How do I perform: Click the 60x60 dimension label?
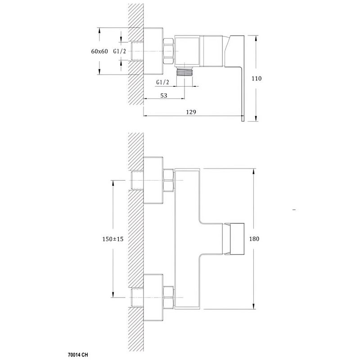pyautogui.click(x=99, y=51)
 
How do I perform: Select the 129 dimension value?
pyautogui.click(x=191, y=112)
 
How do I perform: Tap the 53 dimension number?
pyautogui.click(x=164, y=96)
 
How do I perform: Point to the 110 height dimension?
pyautogui.click(x=256, y=79)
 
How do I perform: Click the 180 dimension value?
pyautogui.click(x=254, y=239)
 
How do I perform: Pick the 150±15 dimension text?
pyautogui.click(x=113, y=239)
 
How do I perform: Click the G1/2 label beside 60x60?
pyautogui.click(x=120, y=51)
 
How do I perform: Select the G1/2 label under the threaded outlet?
pyautogui.click(x=162, y=82)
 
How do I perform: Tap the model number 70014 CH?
pyautogui.click(x=78, y=355)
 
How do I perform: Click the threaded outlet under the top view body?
pyautogui.click(x=184, y=71)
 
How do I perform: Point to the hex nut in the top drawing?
pyautogui.click(x=168, y=51)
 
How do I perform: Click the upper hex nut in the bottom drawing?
pyautogui.click(x=168, y=180)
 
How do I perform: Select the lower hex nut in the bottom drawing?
pyautogui.click(x=168, y=297)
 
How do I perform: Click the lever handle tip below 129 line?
pyautogui.click(x=243, y=119)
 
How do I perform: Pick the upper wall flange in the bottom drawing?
pyautogui.click(x=153, y=180)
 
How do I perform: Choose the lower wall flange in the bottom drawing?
pyautogui.click(x=153, y=298)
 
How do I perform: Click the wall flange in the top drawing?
pyautogui.click(x=153, y=51)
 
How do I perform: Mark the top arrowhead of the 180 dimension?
pyautogui.click(x=254, y=172)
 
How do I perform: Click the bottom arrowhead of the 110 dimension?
pyautogui.click(x=256, y=118)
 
